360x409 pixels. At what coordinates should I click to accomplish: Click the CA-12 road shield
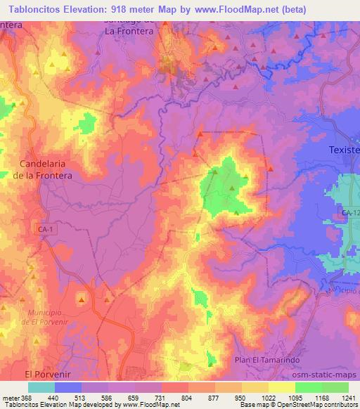(349, 212)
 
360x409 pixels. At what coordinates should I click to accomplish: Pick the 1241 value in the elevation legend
(349, 398)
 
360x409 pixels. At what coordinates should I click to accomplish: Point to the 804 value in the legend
(188, 398)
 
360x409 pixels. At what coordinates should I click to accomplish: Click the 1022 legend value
(268, 398)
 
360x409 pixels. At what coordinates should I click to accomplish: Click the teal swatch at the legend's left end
(41, 387)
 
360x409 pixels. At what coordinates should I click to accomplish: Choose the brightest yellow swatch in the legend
(282, 387)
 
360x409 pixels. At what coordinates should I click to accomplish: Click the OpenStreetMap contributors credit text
(319, 405)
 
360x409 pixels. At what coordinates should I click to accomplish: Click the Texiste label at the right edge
(345, 150)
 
